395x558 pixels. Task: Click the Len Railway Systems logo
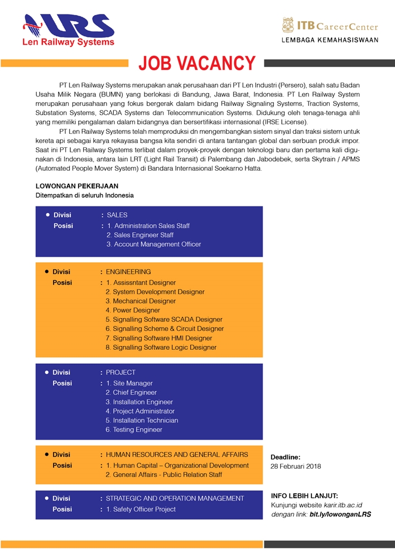69,29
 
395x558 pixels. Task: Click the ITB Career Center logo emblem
288,25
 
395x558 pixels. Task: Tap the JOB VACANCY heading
197,64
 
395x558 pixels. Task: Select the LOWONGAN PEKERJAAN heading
77,186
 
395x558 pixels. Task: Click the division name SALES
117,215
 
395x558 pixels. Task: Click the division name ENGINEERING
128,272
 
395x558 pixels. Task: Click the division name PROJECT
121,372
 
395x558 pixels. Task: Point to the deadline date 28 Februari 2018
296,466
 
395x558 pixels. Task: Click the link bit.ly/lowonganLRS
340,514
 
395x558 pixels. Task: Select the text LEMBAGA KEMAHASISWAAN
329,40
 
